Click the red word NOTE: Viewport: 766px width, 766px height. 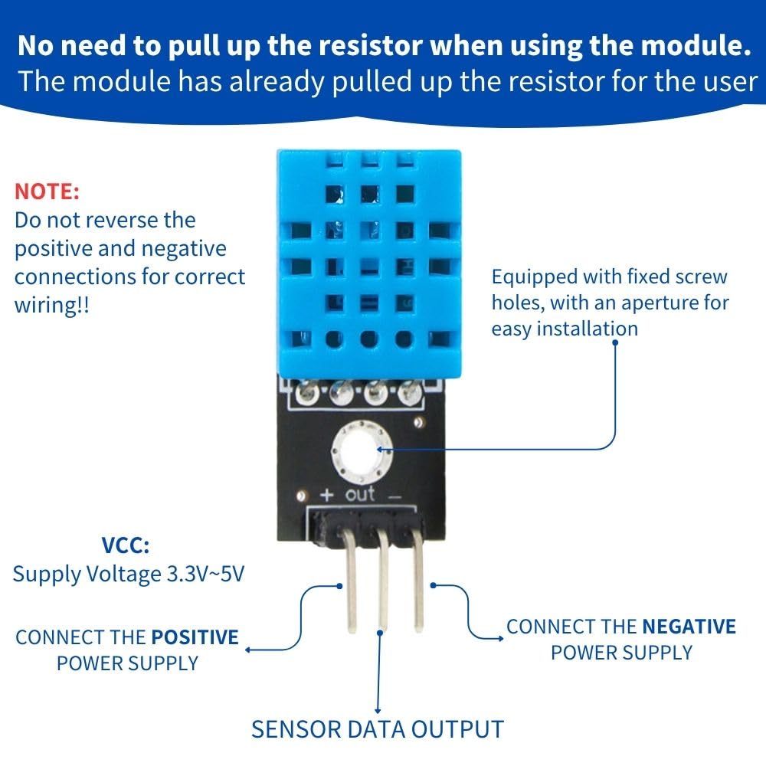pyautogui.click(x=47, y=191)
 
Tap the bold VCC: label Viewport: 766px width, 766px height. pyautogui.click(x=126, y=546)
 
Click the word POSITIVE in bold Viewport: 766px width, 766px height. pyautogui.click(x=195, y=637)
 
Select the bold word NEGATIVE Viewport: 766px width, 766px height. pyautogui.click(x=689, y=627)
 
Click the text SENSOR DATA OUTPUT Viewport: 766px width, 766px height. pyautogui.click(x=378, y=728)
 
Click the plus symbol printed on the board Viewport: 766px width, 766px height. pyautogui.click(x=325, y=496)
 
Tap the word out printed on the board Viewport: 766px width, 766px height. pyautogui.click(x=360, y=494)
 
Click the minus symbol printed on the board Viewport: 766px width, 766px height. pyautogui.click(x=394, y=496)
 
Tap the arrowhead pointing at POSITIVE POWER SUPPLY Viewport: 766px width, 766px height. pyautogui.click(x=248, y=650)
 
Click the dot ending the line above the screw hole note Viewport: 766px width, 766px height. pyautogui.click(x=616, y=342)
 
